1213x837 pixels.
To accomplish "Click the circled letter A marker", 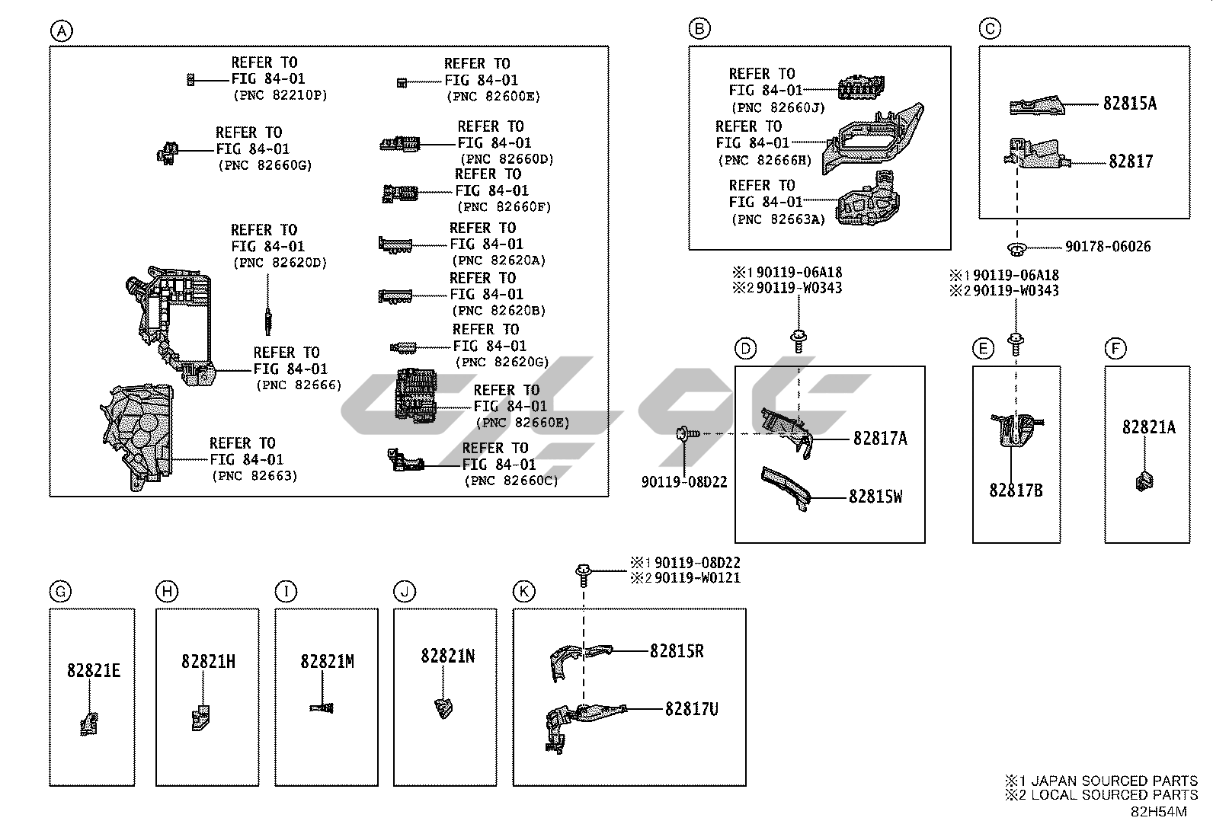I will (x=62, y=31).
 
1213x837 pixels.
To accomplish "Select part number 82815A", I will (x=1129, y=104).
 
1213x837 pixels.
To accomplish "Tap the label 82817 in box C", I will (x=1131, y=161).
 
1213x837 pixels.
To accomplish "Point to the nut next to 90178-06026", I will (x=1017, y=248).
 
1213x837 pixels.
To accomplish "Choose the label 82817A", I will (x=880, y=438).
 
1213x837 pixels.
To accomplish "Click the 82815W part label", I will (x=875, y=497).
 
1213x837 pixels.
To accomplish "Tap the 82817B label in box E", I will (x=1016, y=490).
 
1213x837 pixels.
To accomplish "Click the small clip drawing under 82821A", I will (x=1144, y=481).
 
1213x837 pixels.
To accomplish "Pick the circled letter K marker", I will (x=523, y=592).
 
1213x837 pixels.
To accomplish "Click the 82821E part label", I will (x=93, y=671).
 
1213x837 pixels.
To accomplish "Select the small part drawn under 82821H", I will (x=200, y=718).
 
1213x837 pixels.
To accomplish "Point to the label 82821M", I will (x=327, y=661).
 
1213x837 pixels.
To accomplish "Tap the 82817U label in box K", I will (x=691, y=709).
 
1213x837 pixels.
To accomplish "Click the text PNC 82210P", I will (x=280, y=96).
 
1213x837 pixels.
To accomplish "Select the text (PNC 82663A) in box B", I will (x=777, y=219).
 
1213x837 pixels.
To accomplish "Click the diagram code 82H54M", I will (x=1158, y=812).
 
